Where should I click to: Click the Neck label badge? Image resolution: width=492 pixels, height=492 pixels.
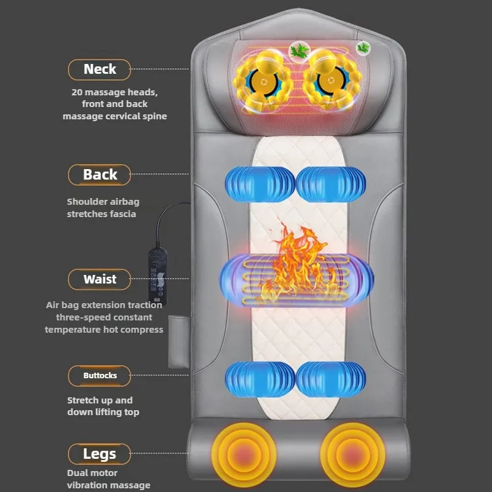click(x=100, y=69)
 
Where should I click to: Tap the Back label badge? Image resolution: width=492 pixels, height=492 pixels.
click(x=100, y=175)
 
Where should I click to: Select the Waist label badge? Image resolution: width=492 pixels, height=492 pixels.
click(x=100, y=279)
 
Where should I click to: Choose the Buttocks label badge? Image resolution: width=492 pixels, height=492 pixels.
click(x=100, y=375)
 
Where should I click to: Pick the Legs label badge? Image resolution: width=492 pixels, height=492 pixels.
click(x=100, y=454)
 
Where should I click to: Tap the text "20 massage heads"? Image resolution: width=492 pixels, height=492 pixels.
click(x=114, y=92)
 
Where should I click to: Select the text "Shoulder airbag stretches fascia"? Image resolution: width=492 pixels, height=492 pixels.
click(x=101, y=207)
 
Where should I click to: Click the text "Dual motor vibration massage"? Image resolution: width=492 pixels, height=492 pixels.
click(x=108, y=479)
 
